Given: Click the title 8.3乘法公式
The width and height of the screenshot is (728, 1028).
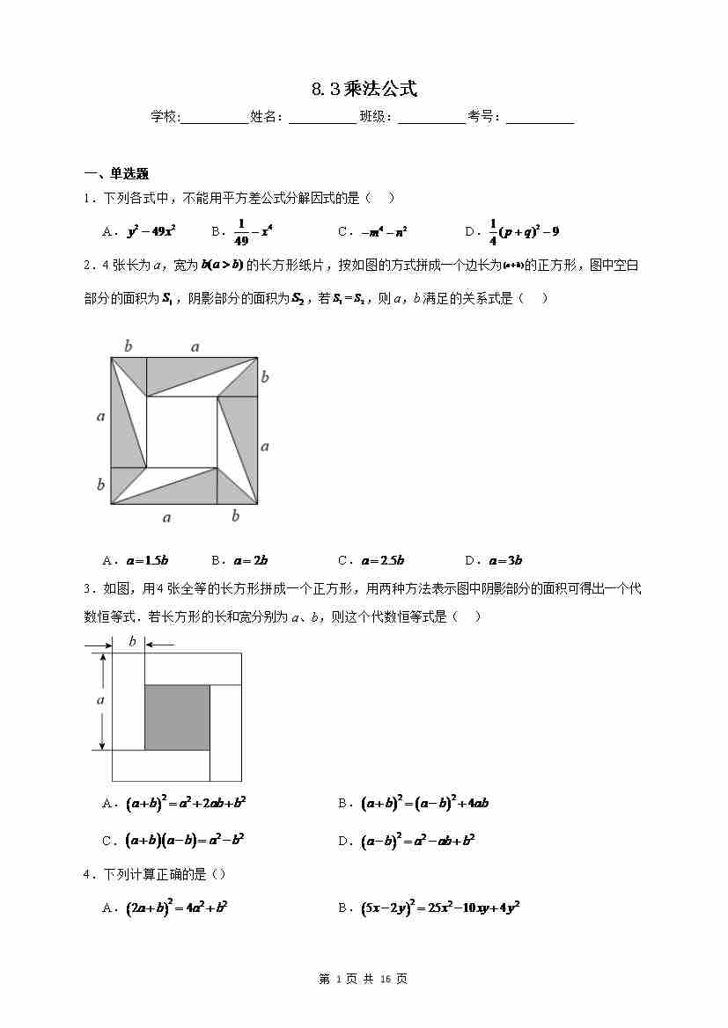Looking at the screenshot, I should [364, 89].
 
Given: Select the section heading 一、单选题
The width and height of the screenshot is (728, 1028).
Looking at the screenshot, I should [116, 173].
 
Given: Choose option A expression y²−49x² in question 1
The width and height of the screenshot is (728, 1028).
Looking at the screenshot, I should [151, 232].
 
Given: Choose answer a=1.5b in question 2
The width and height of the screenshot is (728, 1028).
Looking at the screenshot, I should [147, 560].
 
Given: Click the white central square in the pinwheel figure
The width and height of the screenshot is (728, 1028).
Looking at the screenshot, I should [182, 432].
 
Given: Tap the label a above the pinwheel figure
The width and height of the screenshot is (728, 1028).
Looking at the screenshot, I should [195, 347].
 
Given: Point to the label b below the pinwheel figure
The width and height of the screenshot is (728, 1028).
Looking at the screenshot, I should [235, 516].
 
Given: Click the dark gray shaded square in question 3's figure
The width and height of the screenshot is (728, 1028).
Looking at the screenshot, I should [177, 718].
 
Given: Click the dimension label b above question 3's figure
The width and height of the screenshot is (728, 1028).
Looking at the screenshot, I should [132, 641].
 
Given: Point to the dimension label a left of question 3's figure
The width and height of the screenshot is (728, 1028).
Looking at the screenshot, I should [100, 700].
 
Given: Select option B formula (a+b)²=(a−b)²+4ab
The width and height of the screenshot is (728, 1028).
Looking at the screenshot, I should [424, 803].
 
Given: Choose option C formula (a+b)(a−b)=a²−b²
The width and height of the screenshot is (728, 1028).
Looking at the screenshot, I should [185, 841].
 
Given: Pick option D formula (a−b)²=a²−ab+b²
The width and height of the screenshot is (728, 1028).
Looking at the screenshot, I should [418, 841].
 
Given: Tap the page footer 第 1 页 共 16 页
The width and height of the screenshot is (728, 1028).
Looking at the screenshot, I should [364, 979].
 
